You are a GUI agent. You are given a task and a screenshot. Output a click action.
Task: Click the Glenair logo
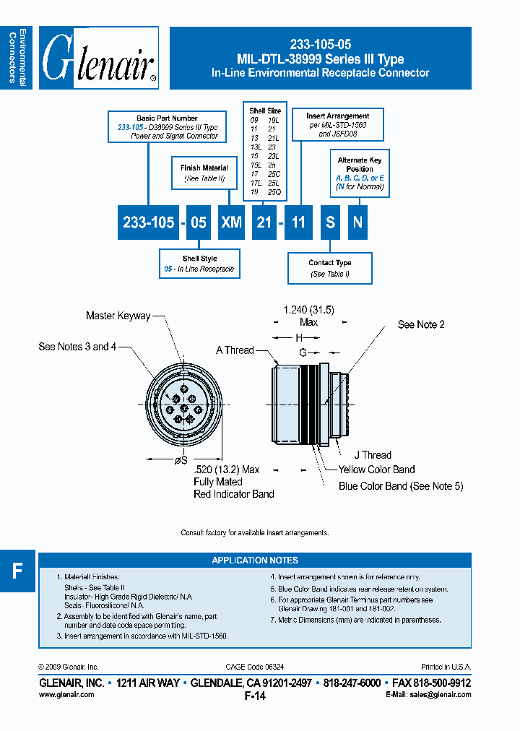coord(99,58)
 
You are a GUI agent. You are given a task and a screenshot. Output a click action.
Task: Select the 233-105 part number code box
coord(149,222)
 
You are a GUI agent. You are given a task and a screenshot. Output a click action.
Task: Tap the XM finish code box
coord(231,222)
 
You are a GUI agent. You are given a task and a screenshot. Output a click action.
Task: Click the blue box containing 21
coord(264,222)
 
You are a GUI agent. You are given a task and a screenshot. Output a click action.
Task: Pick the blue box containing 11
coord(298,222)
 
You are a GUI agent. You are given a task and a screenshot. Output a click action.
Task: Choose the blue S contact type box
coord(330,222)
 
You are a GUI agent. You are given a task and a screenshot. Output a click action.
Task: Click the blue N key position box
coord(357,222)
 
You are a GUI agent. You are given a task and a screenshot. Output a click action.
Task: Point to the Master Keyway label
coord(118,316)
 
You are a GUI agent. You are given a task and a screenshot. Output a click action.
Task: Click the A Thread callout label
coord(235,350)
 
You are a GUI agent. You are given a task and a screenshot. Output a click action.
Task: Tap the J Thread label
coord(373,455)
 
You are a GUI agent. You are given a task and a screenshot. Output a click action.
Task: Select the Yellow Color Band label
coord(376,470)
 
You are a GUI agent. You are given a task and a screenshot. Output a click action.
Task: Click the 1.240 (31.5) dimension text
coord(308,309)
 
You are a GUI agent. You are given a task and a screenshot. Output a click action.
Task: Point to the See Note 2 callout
coord(421,324)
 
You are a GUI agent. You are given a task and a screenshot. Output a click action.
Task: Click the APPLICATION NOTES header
coord(255,560)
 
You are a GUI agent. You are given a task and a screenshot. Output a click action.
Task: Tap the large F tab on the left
coord(17,571)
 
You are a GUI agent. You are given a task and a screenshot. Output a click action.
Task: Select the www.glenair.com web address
coord(66,694)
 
